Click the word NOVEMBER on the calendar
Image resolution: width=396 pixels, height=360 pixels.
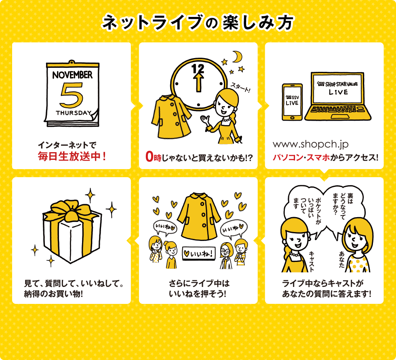[x=72, y=75]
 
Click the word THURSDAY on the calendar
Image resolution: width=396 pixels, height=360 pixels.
[x=74, y=113]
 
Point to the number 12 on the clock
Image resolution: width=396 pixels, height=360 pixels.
[x=198, y=68]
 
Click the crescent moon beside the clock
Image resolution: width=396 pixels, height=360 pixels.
[x=238, y=57]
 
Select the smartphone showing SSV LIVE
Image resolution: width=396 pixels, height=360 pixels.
[x=292, y=102]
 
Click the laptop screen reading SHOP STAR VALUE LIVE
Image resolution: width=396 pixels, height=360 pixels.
[x=338, y=88]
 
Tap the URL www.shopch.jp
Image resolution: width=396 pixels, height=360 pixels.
[x=311, y=144]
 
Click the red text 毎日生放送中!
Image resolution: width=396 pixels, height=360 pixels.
[x=72, y=157]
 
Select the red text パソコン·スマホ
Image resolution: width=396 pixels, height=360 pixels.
[x=301, y=158]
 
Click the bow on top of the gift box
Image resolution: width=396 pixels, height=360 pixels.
[x=71, y=211]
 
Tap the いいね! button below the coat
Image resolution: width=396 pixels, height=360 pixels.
[x=199, y=253]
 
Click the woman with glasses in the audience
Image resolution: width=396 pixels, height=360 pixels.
[x=226, y=255]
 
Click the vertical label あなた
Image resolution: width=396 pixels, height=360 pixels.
[x=342, y=259]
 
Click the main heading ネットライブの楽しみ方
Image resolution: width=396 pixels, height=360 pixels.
[x=198, y=23]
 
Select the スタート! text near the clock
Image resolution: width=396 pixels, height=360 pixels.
[x=240, y=87]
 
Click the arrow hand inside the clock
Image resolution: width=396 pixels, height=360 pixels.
[x=198, y=82]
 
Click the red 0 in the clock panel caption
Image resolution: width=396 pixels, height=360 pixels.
[x=149, y=157]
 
